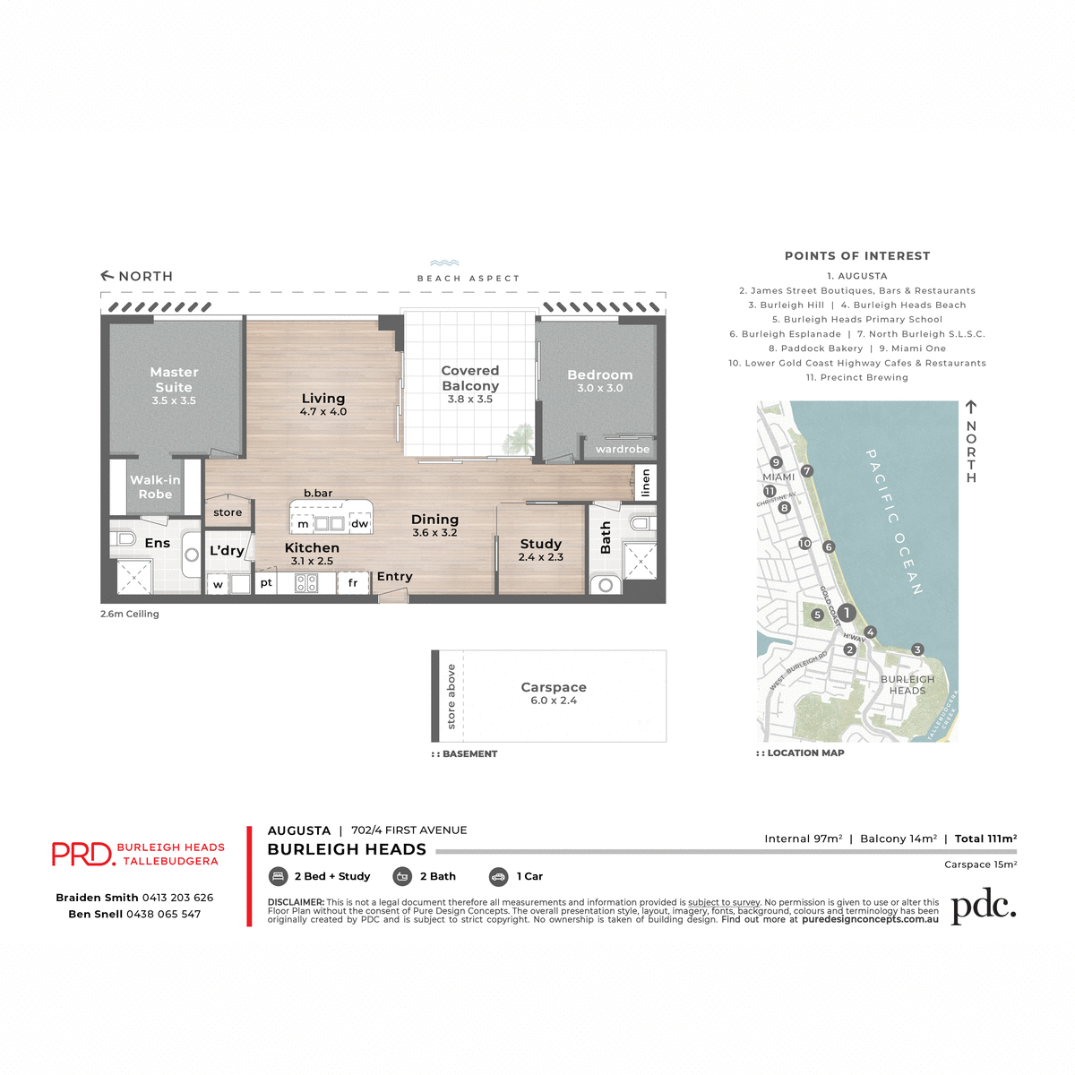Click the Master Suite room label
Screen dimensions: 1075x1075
click(x=174, y=379)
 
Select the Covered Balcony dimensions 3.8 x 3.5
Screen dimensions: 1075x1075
click(x=470, y=400)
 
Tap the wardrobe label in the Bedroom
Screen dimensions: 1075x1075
click(x=623, y=449)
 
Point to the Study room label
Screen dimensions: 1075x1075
click(x=541, y=544)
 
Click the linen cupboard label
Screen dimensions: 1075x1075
click(x=646, y=483)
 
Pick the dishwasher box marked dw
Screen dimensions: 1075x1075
click(x=359, y=524)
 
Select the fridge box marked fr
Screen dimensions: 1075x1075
click(x=353, y=583)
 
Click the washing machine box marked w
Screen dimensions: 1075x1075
click(x=218, y=585)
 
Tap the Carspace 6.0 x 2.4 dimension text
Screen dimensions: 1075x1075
click(x=554, y=701)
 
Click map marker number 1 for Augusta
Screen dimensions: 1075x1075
click(x=847, y=613)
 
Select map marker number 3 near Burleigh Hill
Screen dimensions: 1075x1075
click(x=916, y=649)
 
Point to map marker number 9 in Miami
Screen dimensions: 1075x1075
click(x=776, y=463)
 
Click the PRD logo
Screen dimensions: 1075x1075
click(x=82, y=854)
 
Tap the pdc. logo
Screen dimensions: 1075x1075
click(x=984, y=907)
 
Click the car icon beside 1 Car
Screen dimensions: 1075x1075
click(x=499, y=876)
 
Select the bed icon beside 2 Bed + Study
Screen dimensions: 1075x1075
click(x=278, y=876)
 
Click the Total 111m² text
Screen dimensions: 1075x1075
click(x=985, y=838)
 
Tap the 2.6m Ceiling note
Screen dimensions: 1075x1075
click(x=130, y=614)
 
